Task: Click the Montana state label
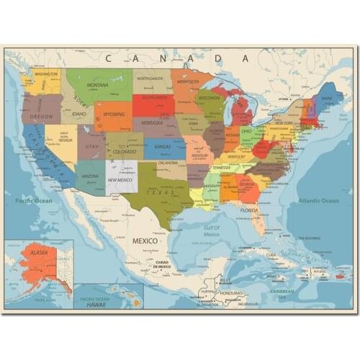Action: point(97,85)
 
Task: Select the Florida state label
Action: point(249,210)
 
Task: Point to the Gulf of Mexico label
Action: point(211,230)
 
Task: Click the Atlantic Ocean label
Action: point(318,201)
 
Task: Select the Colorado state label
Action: point(124,152)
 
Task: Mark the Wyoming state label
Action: point(114,114)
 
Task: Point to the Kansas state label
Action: point(162,147)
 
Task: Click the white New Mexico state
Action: point(121,178)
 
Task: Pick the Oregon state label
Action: point(41,116)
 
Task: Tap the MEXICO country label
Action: point(144,240)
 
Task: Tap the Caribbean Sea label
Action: point(283,292)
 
